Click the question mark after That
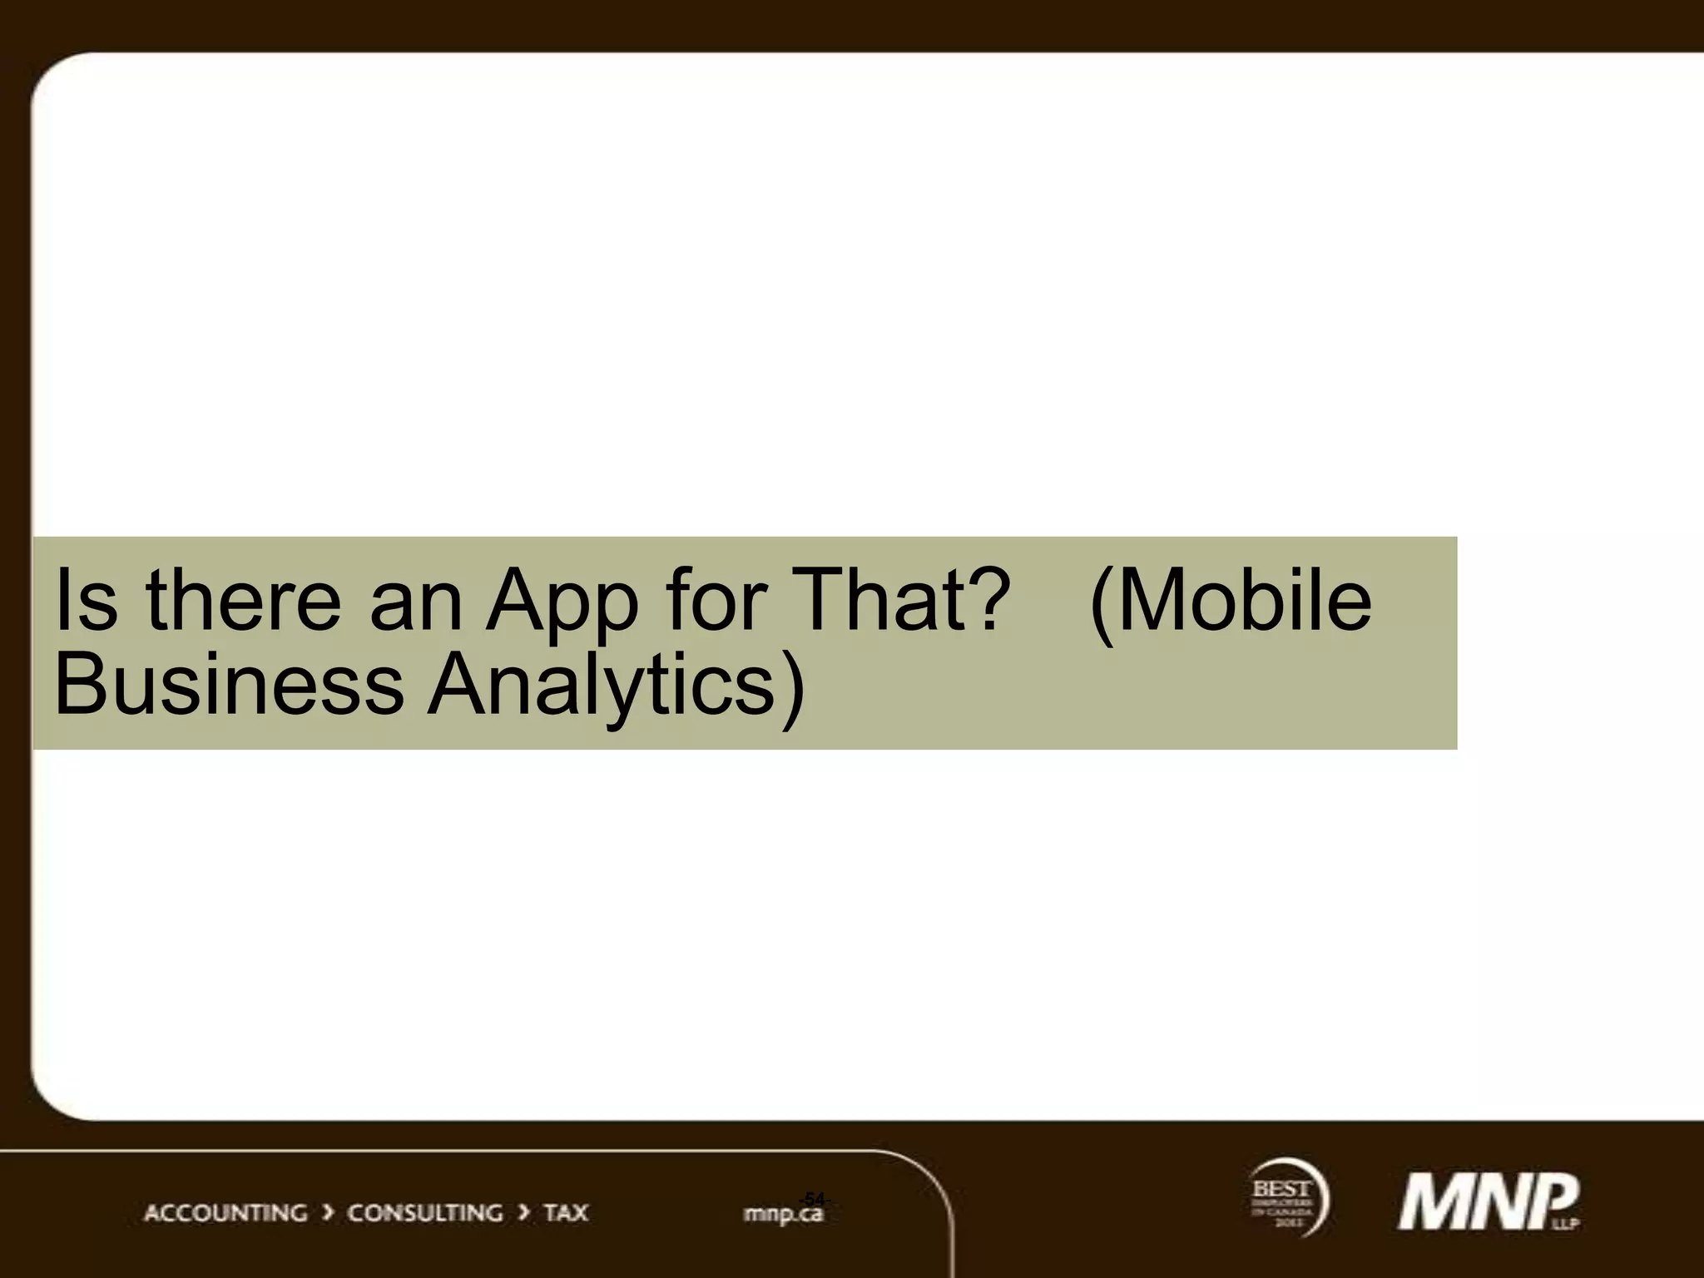coord(982,601)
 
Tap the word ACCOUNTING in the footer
coord(225,1212)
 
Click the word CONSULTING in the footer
coord(424,1212)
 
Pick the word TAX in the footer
coord(566,1212)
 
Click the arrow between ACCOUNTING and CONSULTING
coord(328,1212)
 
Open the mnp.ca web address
coord(782,1216)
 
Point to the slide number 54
coord(814,1199)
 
